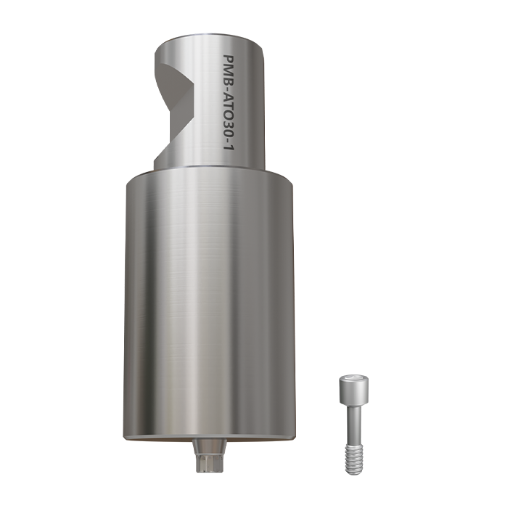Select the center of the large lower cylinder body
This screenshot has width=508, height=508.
(210, 305)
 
